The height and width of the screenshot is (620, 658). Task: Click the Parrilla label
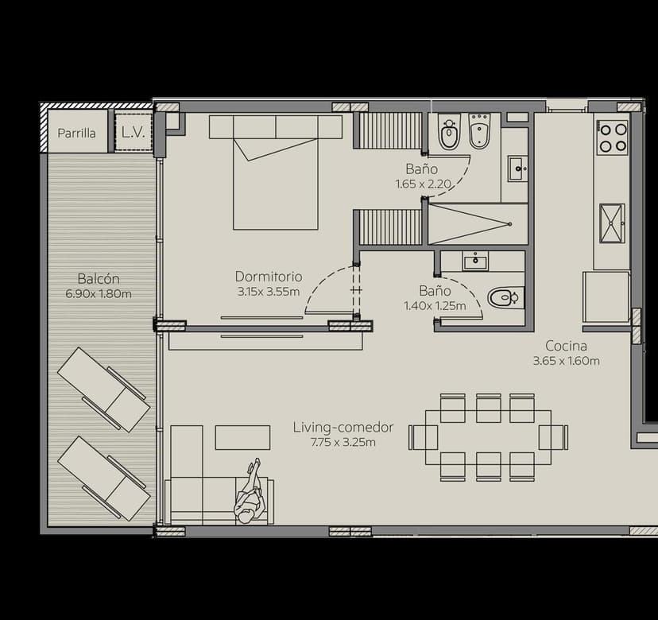[76, 134]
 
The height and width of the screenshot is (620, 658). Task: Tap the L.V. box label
[133, 133]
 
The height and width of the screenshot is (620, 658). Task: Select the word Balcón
[99, 279]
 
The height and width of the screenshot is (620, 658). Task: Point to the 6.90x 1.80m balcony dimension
[99, 294]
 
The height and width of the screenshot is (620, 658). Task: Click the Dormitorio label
[269, 277]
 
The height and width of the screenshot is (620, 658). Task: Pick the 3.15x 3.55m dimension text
[269, 292]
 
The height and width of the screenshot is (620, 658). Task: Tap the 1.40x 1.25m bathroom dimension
[435, 305]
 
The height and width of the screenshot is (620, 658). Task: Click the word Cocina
[566, 346]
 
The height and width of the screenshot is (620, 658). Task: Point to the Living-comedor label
[343, 428]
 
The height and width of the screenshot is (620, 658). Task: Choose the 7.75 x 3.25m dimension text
[343, 443]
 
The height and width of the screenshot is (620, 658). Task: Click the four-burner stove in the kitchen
[612, 137]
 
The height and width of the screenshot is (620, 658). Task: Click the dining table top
[488, 437]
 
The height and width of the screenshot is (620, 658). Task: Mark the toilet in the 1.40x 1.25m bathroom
[503, 298]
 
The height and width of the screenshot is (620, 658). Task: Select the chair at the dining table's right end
[553, 437]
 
